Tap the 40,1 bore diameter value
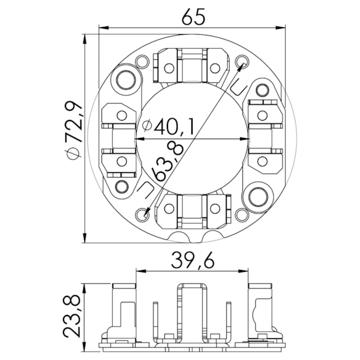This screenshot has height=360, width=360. pyautogui.click(x=173, y=127)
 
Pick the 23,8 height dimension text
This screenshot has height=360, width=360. pyautogui.click(x=74, y=315)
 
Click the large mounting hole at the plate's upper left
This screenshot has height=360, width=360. pyautogui.click(x=126, y=80)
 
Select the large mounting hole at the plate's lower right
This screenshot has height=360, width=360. pyautogui.click(x=259, y=194)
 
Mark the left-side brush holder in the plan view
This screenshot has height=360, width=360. pyautogui.click(x=119, y=138)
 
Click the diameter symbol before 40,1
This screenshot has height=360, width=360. pyautogui.click(x=145, y=127)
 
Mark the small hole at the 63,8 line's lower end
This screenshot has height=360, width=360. pyautogui.click(x=143, y=213)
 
